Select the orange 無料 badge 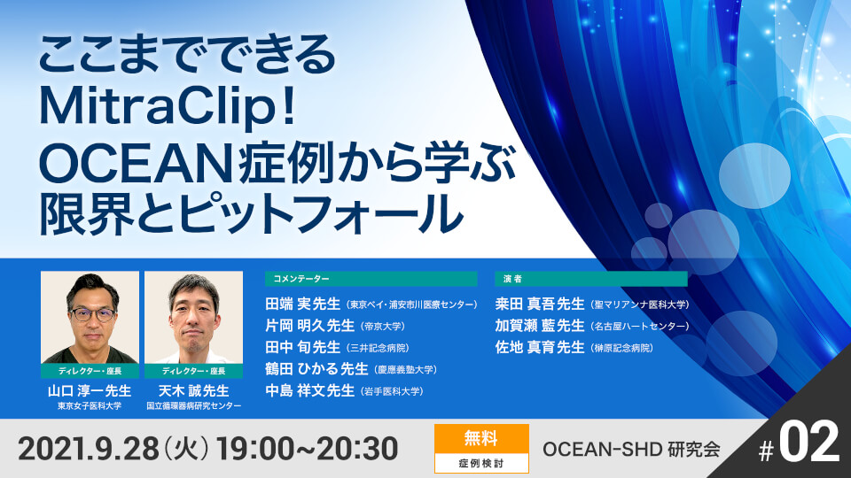[481, 437]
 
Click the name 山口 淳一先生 [90, 390]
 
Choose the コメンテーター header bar [371, 279]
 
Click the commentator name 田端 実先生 [303, 304]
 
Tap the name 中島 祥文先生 [309, 390]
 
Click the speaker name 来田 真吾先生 [539, 304]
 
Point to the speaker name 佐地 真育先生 [539, 347]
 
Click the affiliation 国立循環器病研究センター [193, 407]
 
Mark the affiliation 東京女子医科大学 [90, 407]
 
